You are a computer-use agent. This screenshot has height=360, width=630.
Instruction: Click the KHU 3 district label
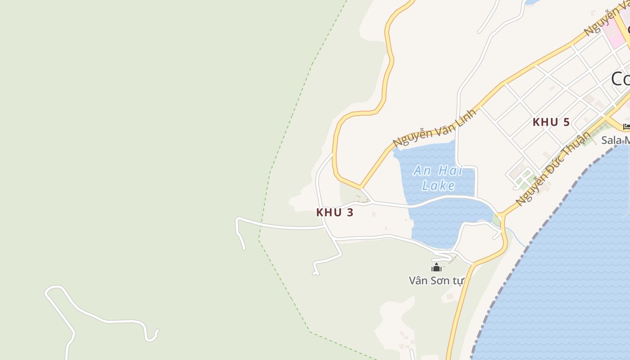pyautogui.click(x=334, y=213)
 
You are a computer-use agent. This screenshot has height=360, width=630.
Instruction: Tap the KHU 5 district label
pyautogui.click(x=551, y=122)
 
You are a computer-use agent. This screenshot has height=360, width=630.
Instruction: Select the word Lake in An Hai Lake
pyautogui.click(x=438, y=185)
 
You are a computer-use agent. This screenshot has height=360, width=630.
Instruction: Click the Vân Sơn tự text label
pyautogui.click(x=436, y=281)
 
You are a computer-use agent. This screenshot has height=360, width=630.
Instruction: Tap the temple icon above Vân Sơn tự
pyautogui.click(x=436, y=268)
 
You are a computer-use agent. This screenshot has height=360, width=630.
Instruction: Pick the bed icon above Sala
pyautogui.click(x=626, y=127)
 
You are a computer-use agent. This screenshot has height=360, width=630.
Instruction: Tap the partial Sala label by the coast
pyautogui.click(x=615, y=140)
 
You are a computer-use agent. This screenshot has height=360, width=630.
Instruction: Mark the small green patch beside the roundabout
pyautogui.click(x=496, y=220)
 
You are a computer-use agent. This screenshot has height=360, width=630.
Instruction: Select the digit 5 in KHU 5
pyautogui.click(x=566, y=122)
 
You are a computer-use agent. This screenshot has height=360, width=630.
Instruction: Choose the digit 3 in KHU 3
pyautogui.click(x=350, y=213)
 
